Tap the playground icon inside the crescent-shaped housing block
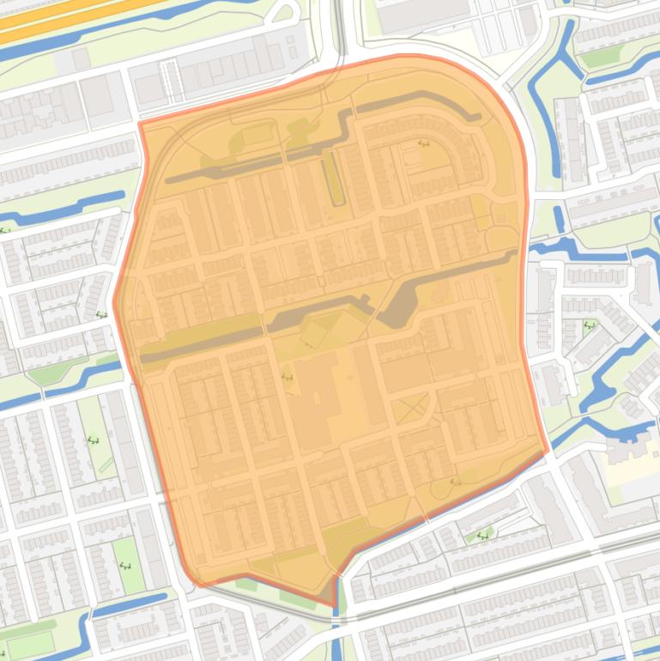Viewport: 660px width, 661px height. click(x=423, y=143)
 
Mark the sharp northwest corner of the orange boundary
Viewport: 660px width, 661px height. click(x=140, y=123)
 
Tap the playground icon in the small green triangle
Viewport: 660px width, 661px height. click(x=481, y=536)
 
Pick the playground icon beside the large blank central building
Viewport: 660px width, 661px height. click(x=287, y=376)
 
